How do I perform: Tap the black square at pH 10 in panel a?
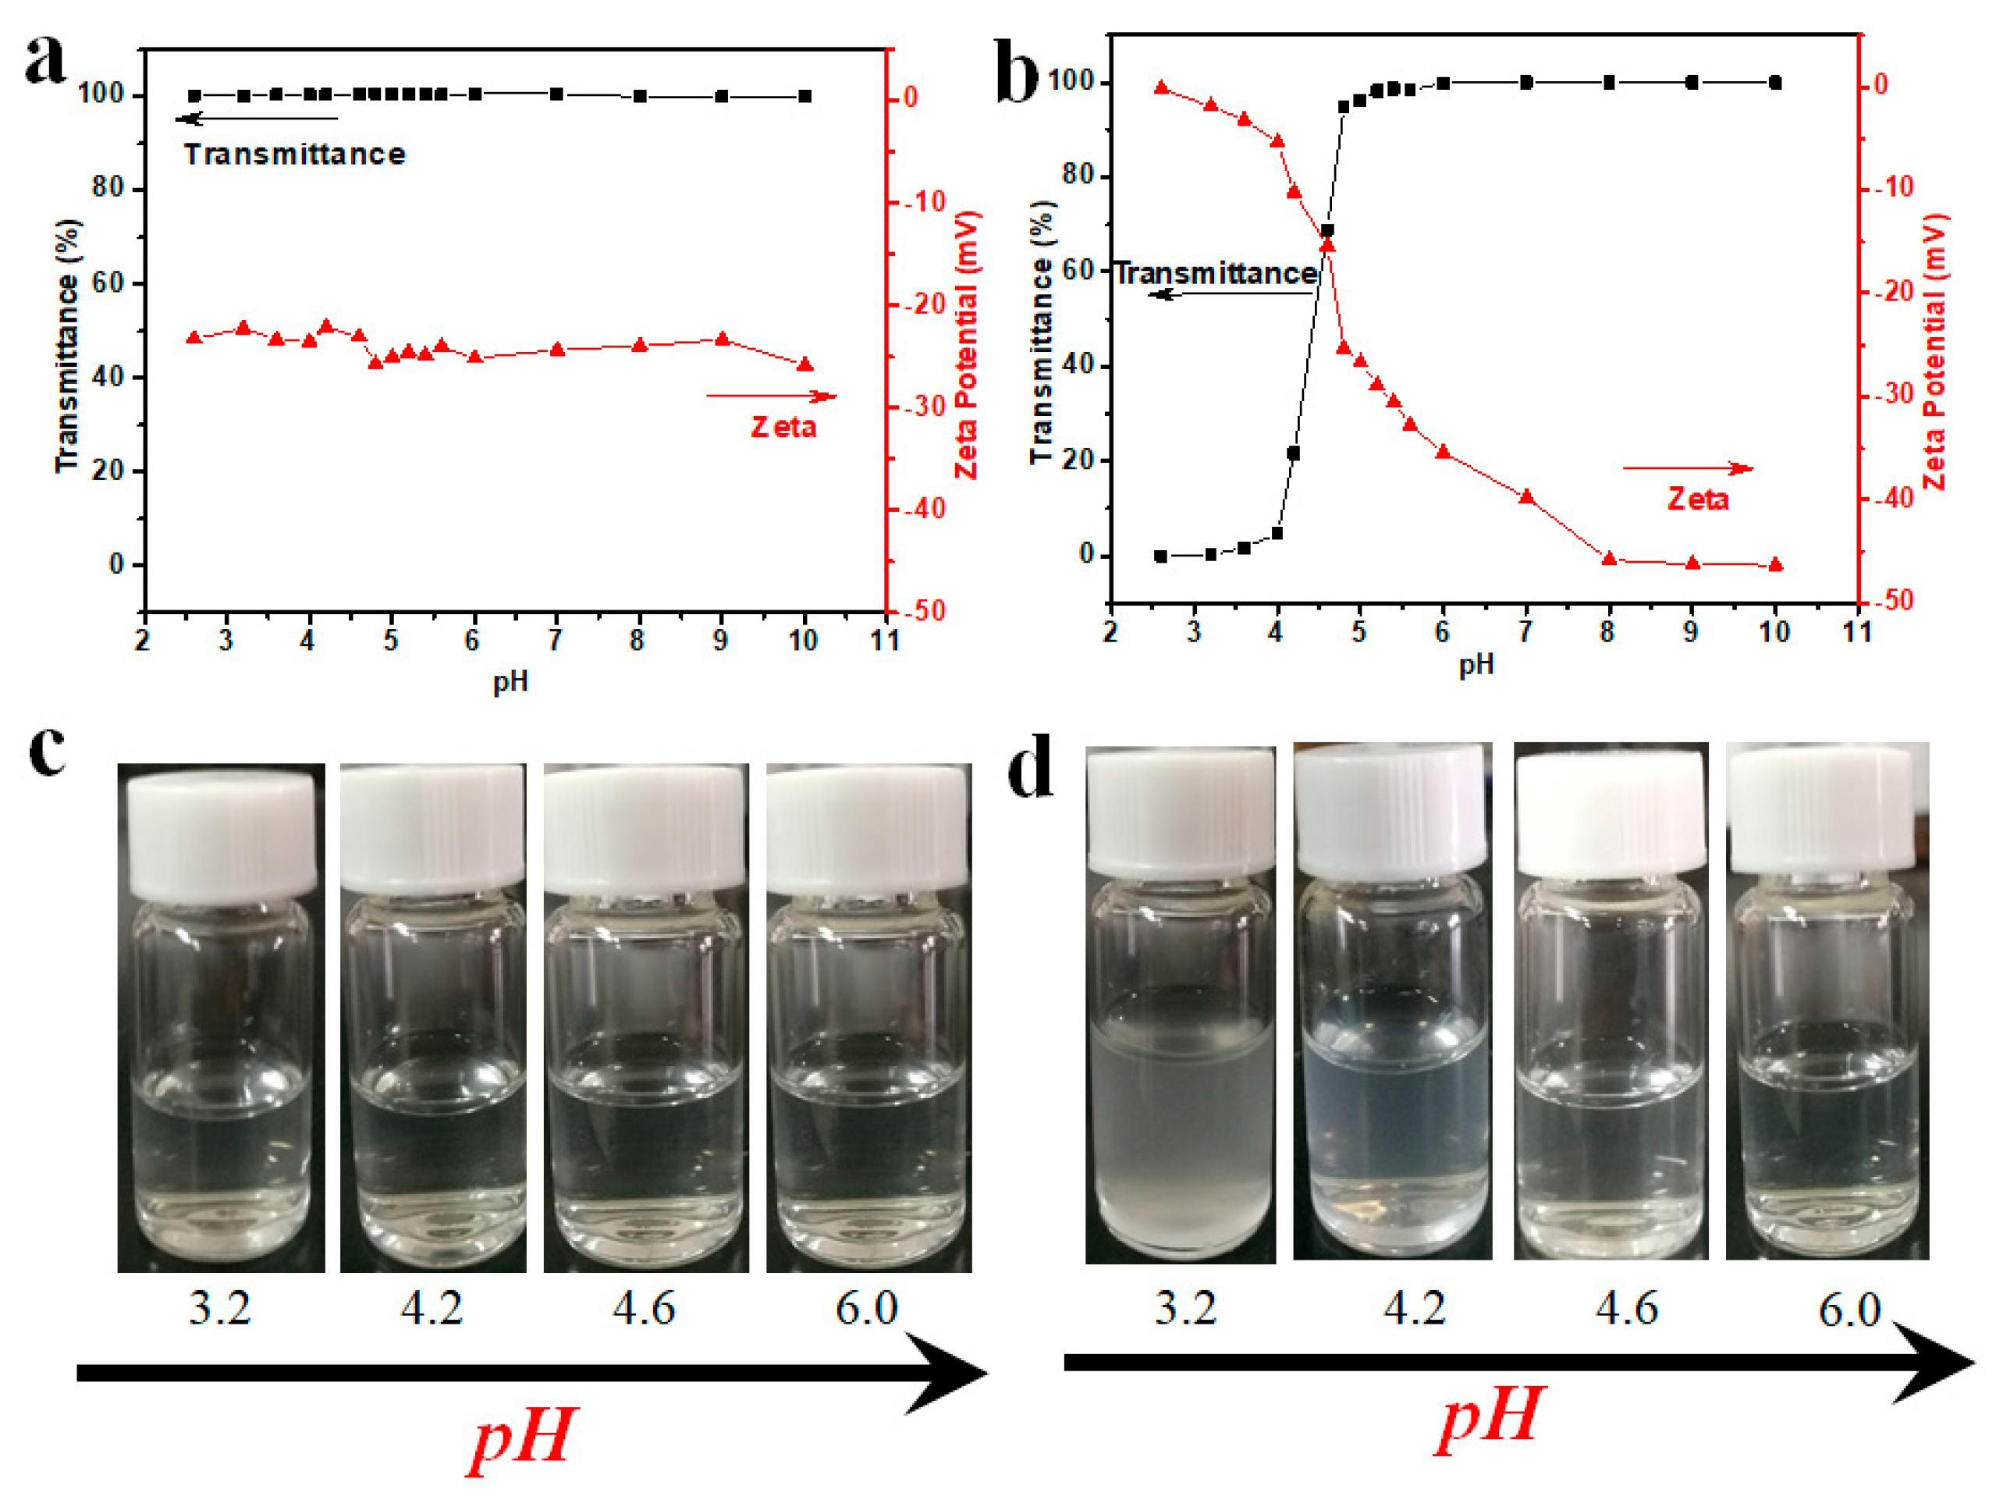805,97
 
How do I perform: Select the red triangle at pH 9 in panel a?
722,339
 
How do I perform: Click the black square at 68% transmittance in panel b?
1327,231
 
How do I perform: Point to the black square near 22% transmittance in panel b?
1293,454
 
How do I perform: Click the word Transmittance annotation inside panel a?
295,155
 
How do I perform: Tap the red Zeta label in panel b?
1697,499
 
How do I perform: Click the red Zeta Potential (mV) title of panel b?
1934,352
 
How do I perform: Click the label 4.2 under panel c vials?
432,1309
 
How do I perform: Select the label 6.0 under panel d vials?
1849,1310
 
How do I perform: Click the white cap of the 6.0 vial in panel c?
868,826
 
